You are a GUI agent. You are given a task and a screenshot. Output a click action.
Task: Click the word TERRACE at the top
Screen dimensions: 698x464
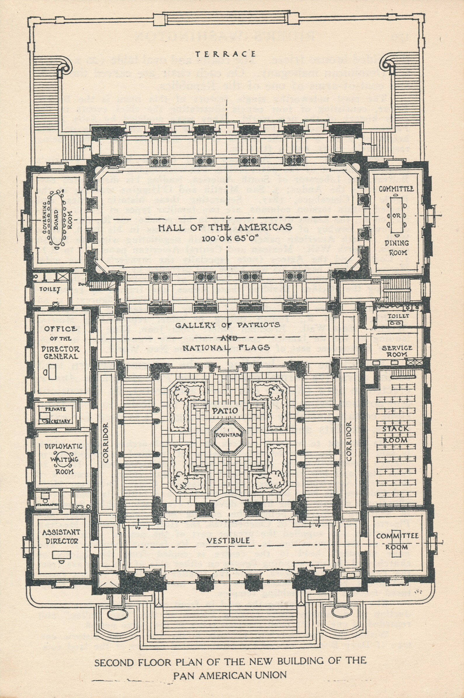[226, 54]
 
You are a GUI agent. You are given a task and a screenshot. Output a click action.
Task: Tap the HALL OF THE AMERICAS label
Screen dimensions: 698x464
[225, 227]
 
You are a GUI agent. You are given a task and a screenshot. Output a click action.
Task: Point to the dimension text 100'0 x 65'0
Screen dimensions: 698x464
[225, 238]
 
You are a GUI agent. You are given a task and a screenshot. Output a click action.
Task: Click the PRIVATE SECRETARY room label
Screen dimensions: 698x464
[56, 415]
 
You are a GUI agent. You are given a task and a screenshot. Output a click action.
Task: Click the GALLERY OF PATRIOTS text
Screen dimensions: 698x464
[228, 325]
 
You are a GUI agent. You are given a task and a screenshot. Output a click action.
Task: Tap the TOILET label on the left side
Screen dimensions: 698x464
[50, 289]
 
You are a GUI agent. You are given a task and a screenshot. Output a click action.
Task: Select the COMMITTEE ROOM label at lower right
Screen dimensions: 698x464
[397, 541]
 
